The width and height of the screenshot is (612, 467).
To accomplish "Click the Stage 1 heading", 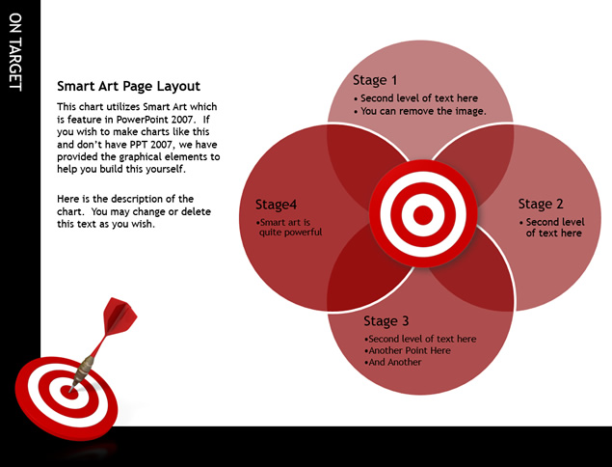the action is point(375,80).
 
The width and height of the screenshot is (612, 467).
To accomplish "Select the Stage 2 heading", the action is point(541,204).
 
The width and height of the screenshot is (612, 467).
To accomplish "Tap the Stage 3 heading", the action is point(386,321).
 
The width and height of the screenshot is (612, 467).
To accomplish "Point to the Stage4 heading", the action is point(276,205).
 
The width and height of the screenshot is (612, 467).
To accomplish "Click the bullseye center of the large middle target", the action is point(423,215).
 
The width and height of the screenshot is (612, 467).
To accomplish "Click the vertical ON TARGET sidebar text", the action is point(15,52).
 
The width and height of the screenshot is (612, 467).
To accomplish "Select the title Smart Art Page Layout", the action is point(128,86).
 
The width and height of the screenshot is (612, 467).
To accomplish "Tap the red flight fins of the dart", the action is point(120,316).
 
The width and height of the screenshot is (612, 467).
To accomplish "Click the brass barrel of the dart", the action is point(84,369).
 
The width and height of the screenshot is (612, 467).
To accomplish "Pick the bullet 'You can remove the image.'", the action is point(420,111).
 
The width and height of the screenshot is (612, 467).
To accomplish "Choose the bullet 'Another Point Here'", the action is point(407,350).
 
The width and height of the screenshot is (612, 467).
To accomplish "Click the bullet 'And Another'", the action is point(392,362).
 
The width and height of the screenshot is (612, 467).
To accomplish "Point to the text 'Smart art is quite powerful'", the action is point(289,228).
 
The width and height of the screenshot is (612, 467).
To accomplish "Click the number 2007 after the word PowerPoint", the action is point(181,120).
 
